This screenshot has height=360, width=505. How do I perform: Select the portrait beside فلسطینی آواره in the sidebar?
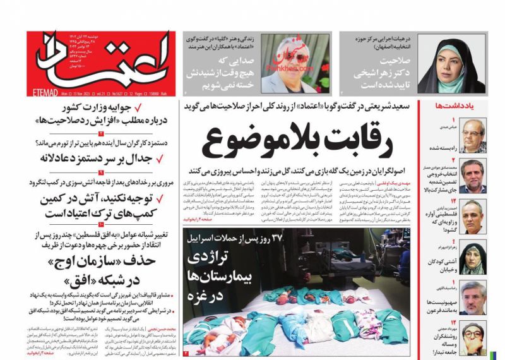click(473, 215)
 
